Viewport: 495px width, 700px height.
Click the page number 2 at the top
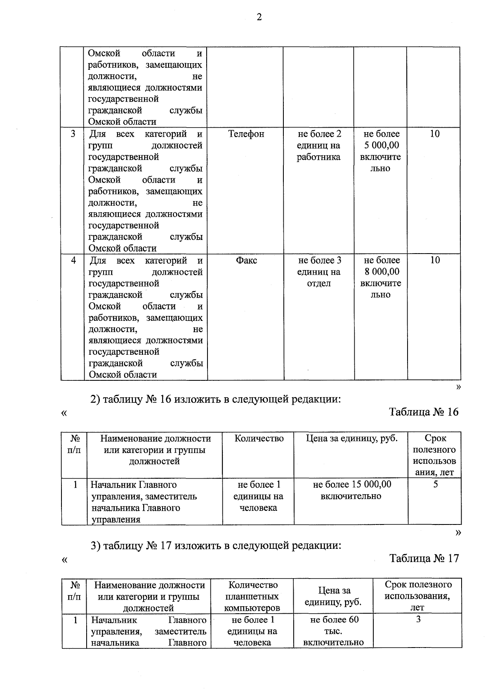pyautogui.click(x=259, y=17)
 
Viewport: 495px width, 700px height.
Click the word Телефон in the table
pyautogui.click(x=246, y=134)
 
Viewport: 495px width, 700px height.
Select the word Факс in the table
pyautogui.click(x=246, y=260)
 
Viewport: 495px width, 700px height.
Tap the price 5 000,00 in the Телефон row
pyautogui.click(x=382, y=145)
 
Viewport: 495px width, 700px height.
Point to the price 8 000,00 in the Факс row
pyautogui.click(x=382, y=272)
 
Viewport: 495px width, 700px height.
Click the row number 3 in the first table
pyautogui.click(x=73, y=134)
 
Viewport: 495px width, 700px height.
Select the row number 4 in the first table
pyautogui.click(x=73, y=260)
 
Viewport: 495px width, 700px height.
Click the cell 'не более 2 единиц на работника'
pyautogui.click(x=319, y=145)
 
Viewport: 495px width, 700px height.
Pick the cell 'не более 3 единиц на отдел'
pyautogui.click(x=319, y=272)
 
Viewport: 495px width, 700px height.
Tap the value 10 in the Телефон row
pyautogui.click(x=434, y=134)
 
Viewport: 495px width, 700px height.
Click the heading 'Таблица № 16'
pyautogui.click(x=424, y=412)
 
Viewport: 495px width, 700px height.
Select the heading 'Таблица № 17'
pyautogui.click(x=424, y=558)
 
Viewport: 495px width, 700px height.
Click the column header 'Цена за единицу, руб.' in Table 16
pyautogui.click(x=351, y=439)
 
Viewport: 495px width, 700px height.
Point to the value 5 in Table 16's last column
pyautogui.click(x=435, y=484)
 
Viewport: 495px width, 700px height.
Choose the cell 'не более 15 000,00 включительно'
pyautogui.click(x=351, y=490)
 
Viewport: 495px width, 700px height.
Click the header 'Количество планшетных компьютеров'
pyautogui.click(x=252, y=596)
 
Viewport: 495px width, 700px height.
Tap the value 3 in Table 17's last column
pyautogui.click(x=418, y=619)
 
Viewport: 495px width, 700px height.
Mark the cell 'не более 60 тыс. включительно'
pyautogui.click(x=334, y=631)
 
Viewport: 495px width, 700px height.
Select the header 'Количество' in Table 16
pyautogui.click(x=259, y=439)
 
